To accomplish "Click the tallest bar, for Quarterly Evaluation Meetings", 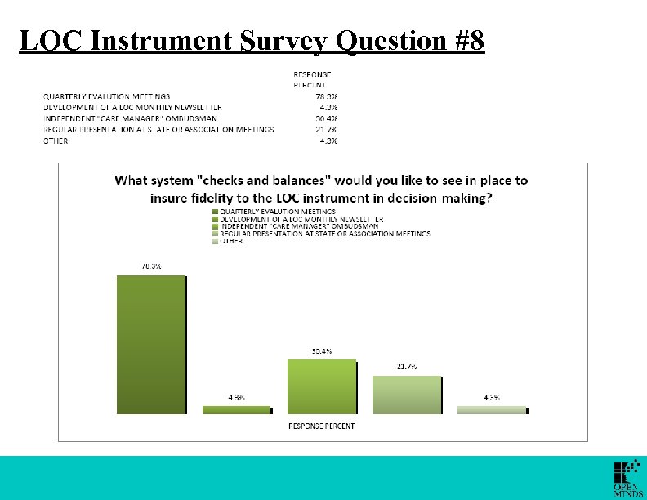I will [152, 345].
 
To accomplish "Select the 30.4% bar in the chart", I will [322, 386].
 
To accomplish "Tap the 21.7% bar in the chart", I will [407, 395].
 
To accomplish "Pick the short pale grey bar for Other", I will [492, 410].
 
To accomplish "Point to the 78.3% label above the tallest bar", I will [150, 266].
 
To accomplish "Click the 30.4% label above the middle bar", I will [321, 351].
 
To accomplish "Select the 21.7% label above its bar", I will [407, 367].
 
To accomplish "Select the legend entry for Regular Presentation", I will [323, 234].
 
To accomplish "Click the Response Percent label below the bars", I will [321, 426].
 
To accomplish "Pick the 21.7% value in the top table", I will [327, 129].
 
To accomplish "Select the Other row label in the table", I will [56, 141].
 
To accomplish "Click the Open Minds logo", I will [627, 479].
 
